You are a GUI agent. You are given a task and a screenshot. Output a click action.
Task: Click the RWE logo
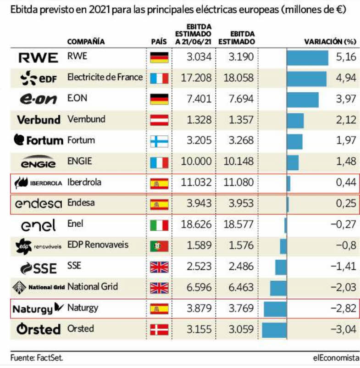[x=38, y=57]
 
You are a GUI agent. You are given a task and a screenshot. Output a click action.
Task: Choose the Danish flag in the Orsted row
[x=159, y=329]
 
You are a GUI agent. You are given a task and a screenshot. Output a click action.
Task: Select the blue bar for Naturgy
[x=275, y=308]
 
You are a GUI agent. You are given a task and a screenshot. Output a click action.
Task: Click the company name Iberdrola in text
[x=84, y=182]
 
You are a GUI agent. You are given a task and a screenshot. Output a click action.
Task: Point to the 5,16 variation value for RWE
[x=346, y=57]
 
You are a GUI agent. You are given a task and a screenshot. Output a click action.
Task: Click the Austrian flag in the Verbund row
[x=159, y=120]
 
